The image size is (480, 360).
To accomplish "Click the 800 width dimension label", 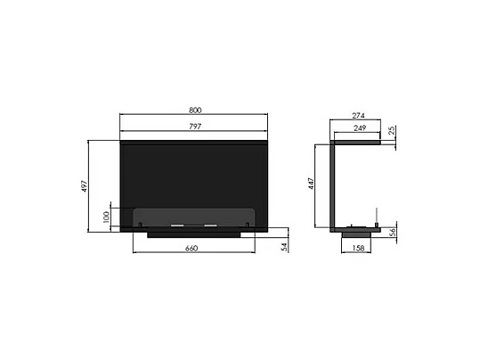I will [195, 110].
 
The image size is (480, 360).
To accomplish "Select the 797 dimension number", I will [195, 127].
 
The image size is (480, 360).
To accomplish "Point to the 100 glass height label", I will [106, 217].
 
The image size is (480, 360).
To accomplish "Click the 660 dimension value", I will [191, 248].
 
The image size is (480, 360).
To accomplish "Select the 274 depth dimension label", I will [358, 116].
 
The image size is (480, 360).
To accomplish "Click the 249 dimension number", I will [358, 129].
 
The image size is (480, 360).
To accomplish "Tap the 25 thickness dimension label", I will [393, 132].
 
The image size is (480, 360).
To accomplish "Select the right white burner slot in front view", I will [210, 226].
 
